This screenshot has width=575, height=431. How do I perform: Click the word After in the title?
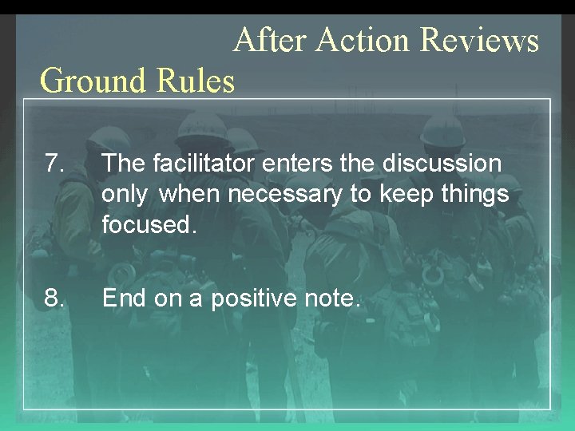(271, 40)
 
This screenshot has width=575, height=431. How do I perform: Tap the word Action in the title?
(363, 40)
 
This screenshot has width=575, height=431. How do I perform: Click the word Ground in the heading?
(85, 81)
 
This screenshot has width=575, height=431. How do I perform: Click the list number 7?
(54, 164)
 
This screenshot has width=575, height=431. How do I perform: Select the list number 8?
(54, 299)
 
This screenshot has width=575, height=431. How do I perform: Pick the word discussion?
(442, 164)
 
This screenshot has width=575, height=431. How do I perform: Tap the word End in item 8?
(122, 299)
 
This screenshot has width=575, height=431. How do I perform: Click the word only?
(125, 194)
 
